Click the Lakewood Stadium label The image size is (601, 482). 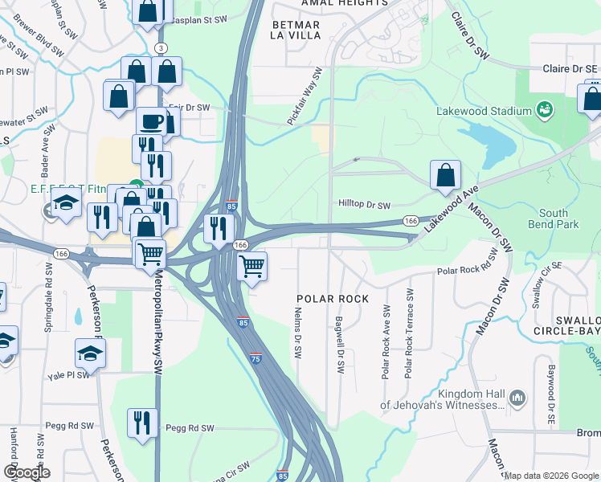click(484, 111)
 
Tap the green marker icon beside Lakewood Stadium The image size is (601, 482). click(545, 108)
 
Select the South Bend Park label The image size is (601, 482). click(554, 219)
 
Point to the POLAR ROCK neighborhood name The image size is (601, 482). click(333, 299)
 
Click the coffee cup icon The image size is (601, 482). click(151, 122)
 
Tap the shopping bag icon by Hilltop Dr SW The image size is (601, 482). click(445, 175)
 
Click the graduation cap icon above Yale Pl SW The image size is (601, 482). click(90, 353)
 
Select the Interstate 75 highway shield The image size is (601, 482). click(256, 358)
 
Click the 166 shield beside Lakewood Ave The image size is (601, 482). click(410, 221)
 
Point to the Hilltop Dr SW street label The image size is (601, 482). click(364, 206)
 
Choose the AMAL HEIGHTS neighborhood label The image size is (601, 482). click(344, 3)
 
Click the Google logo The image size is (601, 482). click(27, 472)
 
